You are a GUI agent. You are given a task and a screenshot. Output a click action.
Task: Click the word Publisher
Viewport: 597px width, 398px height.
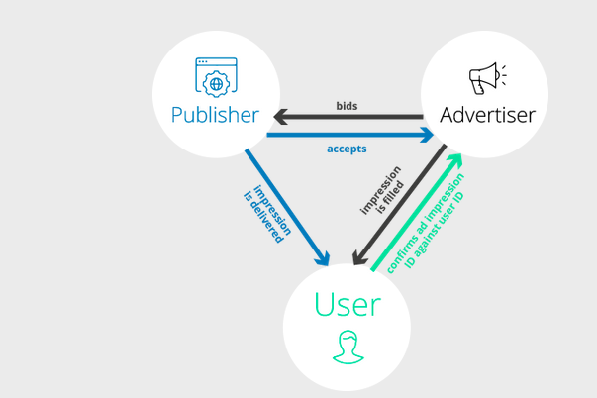click(x=215, y=115)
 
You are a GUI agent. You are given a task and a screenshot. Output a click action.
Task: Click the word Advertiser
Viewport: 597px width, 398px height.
click(x=487, y=115)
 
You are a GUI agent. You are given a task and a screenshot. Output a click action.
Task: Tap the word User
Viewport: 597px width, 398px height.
click(x=348, y=304)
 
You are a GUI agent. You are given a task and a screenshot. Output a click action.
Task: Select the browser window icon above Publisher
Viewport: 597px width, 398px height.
click(x=216, y=77)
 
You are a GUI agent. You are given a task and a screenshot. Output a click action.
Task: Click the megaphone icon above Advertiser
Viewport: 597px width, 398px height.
click(x=487, y=78)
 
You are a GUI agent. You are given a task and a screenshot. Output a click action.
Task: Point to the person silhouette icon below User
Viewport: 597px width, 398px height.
click(x=348, y=347)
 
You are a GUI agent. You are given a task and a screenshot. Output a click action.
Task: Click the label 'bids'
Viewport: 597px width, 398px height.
click(x=347, y=106)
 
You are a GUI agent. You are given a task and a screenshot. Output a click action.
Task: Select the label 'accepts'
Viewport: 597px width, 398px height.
click(x=347, y=149)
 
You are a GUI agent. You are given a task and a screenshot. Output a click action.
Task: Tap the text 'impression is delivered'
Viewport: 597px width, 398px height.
click(x=267, y=214)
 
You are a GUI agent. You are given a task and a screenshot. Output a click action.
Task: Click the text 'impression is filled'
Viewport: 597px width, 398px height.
click(x=382, y=190)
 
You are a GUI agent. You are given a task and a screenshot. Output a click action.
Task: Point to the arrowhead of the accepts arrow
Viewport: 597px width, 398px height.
click(x=427, y=135)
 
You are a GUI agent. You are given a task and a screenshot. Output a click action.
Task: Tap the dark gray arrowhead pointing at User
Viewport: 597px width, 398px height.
click(x=359, y=257)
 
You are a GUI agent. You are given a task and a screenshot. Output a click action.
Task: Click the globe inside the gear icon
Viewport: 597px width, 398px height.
click(x=216, y=84)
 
